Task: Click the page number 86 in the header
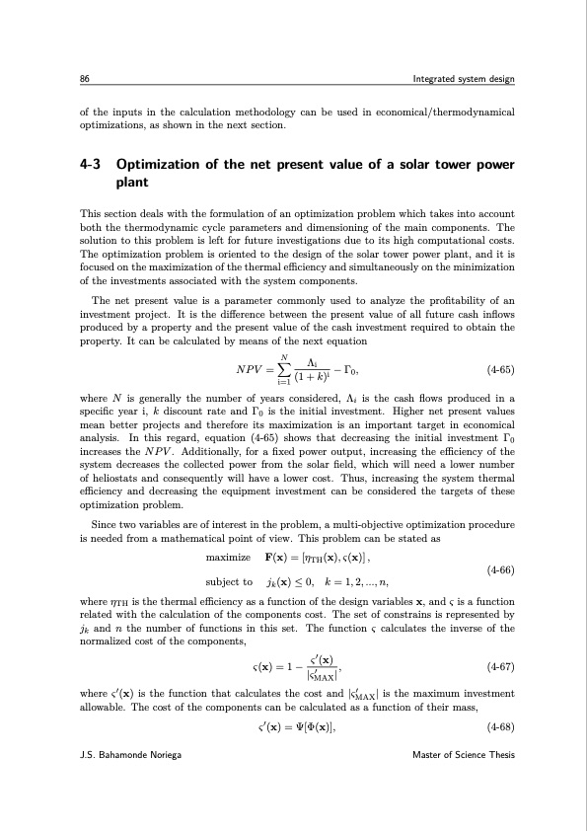(85, 79)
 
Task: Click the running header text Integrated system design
(463, 79)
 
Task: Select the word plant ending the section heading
(132, 184)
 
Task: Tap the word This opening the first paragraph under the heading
(89, 213)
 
